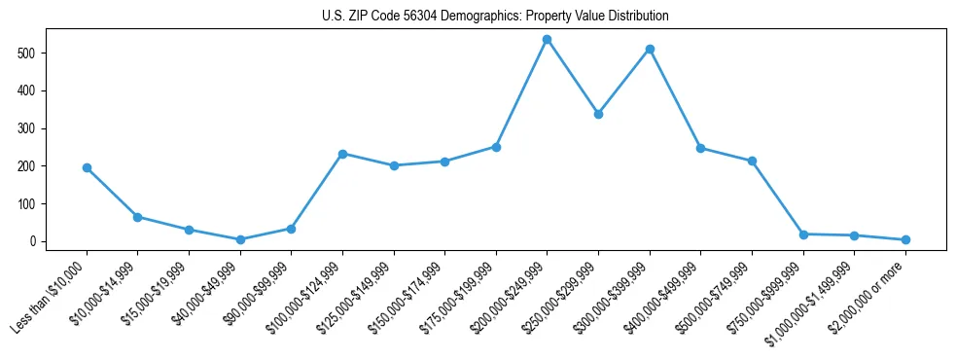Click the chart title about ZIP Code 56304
[x=495, y=17]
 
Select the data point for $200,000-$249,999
[x=547, y=40]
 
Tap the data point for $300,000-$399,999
[x=650, y=49]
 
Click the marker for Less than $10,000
[x=87, y=167]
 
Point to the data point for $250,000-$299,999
[x=598, y=114]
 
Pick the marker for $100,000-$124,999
[x=342, y=154]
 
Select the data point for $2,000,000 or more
[x=905, y=239]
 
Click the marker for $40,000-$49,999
[x=240, y=239]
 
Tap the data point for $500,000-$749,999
[x=752, y=161]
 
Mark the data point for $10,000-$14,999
[x=138, y=217]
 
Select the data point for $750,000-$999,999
[x=803, y=234]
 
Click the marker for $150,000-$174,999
[x=444, y=162]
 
